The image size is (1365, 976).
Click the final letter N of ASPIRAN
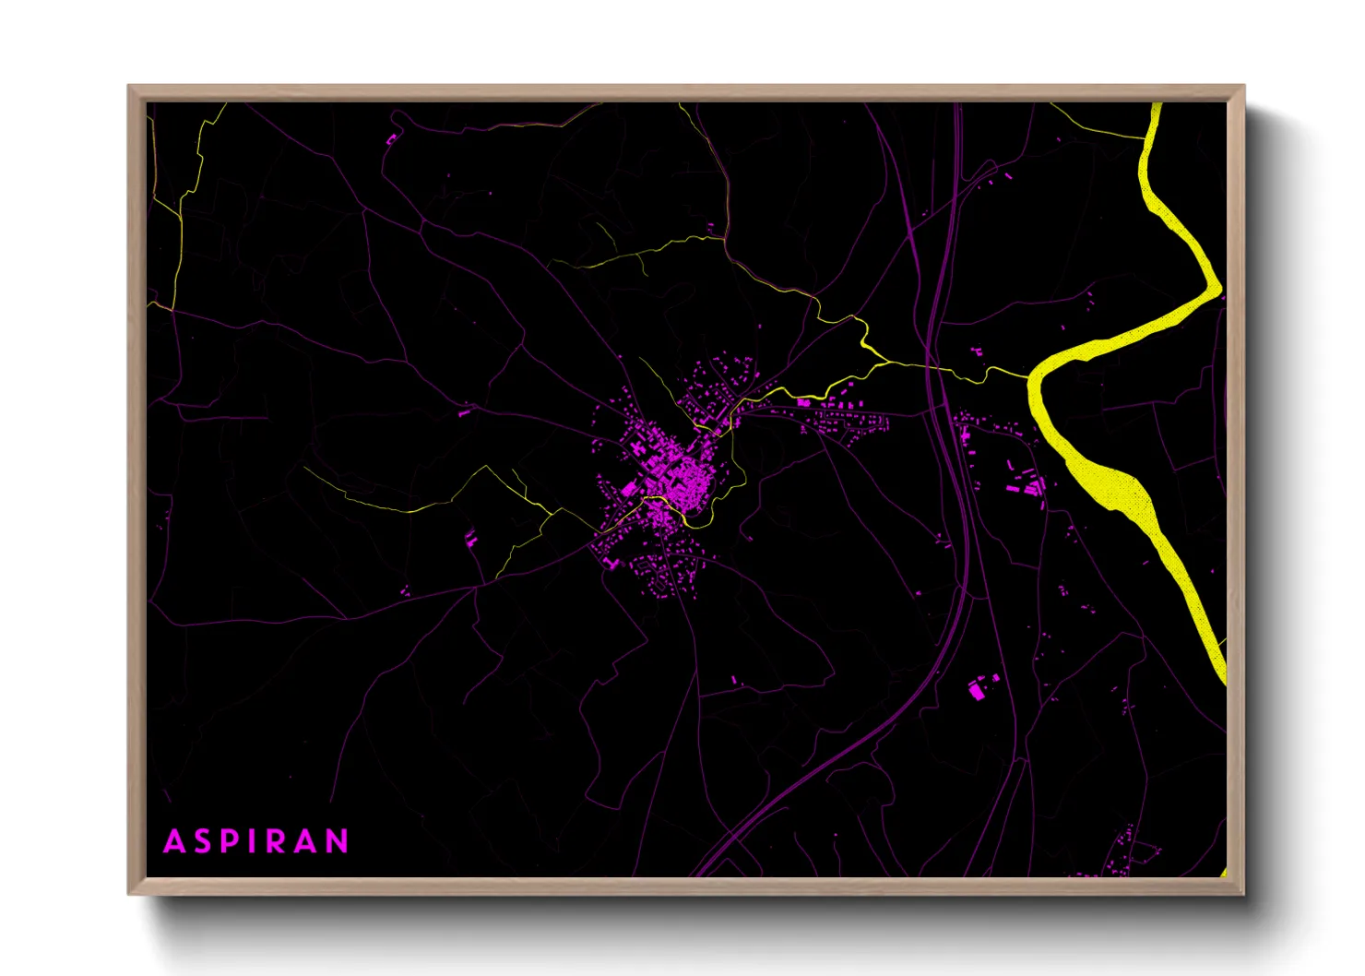pos(336,841)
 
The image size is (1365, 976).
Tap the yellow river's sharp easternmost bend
pos(1218,290)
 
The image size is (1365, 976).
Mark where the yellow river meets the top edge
pos(1157,106)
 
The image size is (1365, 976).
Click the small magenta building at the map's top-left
pos(392,139)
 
